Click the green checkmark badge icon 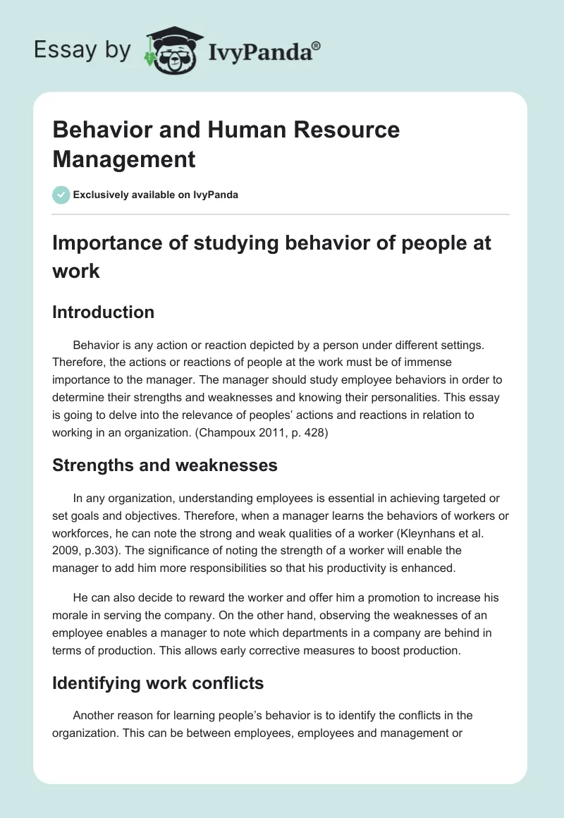pos(61,195)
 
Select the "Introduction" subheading pos(103,312)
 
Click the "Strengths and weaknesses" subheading pos(165,465)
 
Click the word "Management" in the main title pos(124,159)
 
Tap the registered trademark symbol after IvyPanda pos(317,46)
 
